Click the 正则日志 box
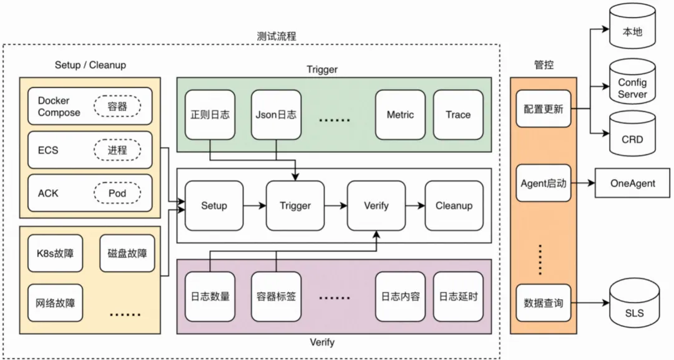point(210,115)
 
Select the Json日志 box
point(276,115)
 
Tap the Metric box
point(400,115)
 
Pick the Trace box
point(458,115)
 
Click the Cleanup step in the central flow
point(454,205)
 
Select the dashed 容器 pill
point(117,106)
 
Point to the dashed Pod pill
point(117,193)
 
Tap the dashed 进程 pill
point(117,150)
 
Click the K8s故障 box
point(55,253)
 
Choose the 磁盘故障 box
point(127,253)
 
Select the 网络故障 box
point(55,303)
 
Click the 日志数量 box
point(210,296)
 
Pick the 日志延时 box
point(458,296)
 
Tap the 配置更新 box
point(543,109)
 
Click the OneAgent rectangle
point(633,183)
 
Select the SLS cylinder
point(634,309)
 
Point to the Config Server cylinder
point(632,84)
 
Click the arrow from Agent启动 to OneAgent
point(582,183)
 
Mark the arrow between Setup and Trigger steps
point(254,205)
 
